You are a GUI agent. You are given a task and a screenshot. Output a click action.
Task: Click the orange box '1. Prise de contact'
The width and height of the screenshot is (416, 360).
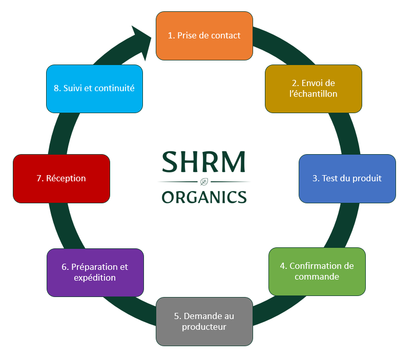click(204, 35)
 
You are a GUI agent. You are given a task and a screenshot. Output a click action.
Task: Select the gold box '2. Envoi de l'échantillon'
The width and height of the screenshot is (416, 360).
click(314, 88)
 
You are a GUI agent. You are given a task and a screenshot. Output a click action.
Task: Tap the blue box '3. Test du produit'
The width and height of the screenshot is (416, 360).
click(347, 178)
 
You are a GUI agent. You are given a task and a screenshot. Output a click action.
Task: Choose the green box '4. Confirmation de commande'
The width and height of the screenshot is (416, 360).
click(317, 271)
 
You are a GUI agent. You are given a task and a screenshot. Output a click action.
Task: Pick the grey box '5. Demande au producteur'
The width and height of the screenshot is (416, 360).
click(204, 321)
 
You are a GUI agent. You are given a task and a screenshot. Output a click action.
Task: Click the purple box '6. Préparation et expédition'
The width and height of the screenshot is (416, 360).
click(95, 272)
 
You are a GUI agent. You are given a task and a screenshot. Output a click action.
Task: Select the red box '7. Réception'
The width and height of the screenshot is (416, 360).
click(61, 178)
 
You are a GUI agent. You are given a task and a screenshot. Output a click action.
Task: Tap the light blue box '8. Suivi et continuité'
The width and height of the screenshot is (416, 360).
click(94, 88)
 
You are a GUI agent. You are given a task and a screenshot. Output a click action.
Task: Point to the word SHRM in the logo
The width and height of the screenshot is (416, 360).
click(204, 162)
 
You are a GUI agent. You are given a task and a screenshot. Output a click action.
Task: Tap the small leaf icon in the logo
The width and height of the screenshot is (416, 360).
click(204, 181)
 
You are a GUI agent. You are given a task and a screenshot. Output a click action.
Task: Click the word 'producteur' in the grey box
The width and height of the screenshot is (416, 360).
click(204, 327)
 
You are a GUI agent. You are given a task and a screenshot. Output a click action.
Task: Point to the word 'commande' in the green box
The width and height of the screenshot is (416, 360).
click(317, 277)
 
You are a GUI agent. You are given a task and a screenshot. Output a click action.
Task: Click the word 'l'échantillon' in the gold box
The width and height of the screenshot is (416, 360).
click(314, 94)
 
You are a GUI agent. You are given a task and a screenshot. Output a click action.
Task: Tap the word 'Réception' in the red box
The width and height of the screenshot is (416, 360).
click(66, 178)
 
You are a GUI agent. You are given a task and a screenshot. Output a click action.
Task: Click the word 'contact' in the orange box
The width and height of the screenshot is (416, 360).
click(225, 35)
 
